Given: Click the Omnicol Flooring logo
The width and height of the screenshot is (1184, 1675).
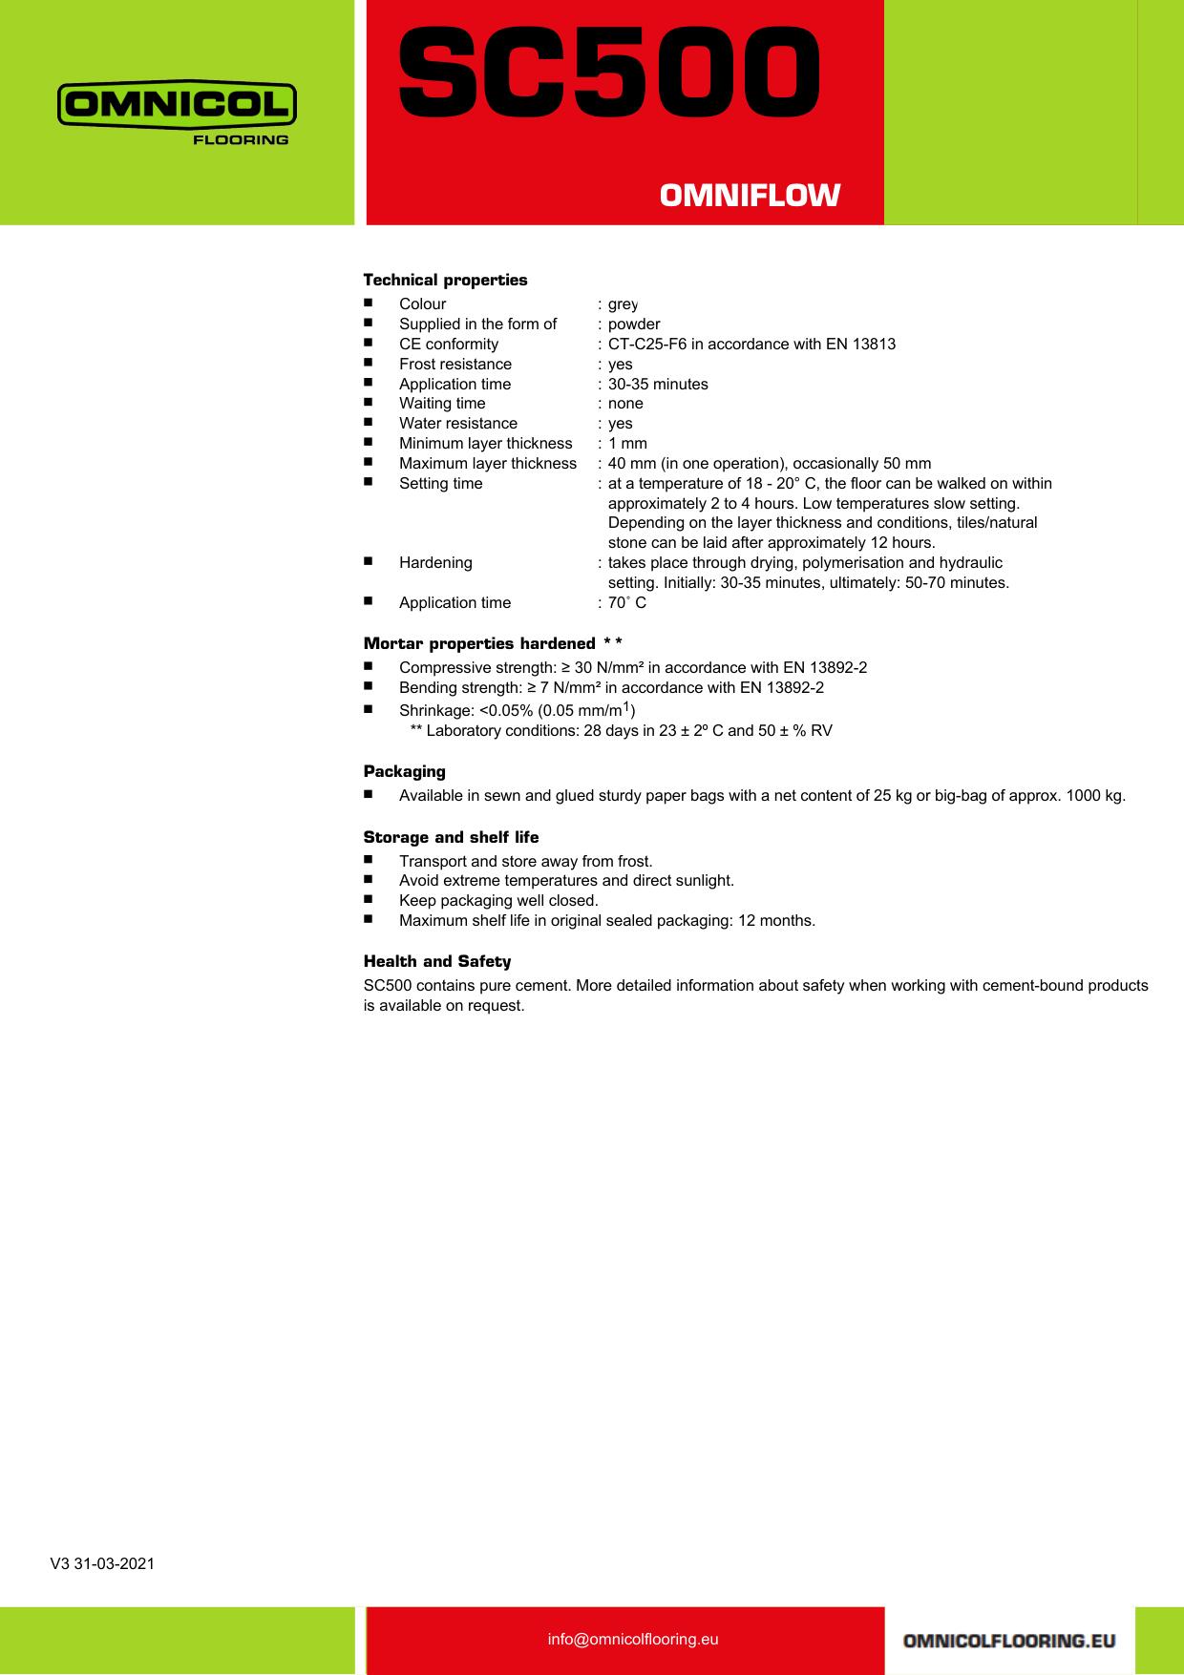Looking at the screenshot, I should (x=177, y=112).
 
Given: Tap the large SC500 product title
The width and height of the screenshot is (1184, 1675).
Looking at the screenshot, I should (x=608, y=69).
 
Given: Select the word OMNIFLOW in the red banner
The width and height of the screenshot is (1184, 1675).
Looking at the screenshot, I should (x=750, y=196).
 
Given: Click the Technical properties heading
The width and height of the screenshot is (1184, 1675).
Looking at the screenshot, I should (x=445, y=280).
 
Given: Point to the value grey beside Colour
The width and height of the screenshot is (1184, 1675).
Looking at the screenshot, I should (x=623, y=304).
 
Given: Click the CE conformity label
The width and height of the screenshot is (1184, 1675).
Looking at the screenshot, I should (x=449, y=344).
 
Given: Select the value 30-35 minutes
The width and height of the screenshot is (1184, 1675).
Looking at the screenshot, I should (x=658, y=384).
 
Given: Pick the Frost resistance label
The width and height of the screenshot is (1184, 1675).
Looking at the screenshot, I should (x=455, y=364).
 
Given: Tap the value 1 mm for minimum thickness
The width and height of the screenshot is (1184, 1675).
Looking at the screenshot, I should (x=627, y=443).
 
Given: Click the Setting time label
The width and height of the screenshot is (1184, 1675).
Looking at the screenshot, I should (x=441, y=483).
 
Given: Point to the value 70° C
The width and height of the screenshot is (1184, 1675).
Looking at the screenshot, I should (x=627, y=602).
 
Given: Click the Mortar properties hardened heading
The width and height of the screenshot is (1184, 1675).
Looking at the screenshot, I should (x=493, y=643).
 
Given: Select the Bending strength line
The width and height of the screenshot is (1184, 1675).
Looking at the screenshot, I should (x=611, y=687).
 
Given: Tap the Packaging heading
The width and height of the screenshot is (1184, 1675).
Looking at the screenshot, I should (x=404, y=771).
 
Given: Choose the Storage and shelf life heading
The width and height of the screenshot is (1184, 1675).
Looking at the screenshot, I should (x=451, y=837).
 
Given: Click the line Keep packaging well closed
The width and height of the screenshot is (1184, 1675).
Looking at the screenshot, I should (x=498, y=900).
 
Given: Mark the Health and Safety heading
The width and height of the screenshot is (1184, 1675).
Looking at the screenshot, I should (x=437, y=961).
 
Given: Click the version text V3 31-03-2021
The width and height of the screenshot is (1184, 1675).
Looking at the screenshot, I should (x=102, y=1563).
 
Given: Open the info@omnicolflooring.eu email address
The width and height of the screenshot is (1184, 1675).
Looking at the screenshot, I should (x=633, y=1639).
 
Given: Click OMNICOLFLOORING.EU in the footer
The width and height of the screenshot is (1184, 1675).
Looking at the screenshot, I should (x=1008, y=1641).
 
